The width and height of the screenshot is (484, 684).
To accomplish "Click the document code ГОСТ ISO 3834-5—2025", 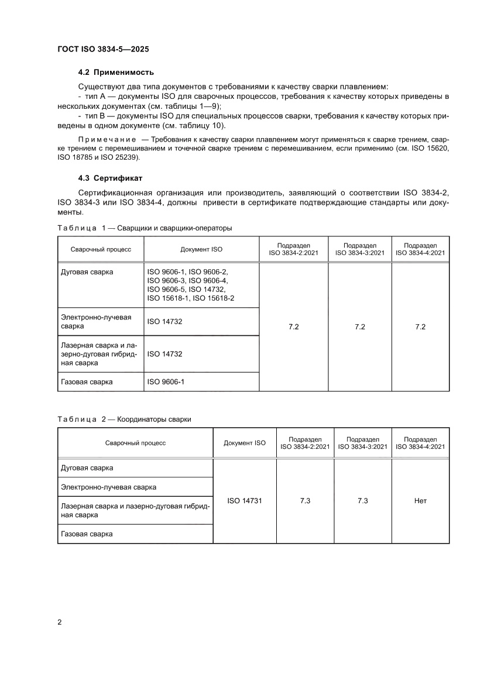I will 107,49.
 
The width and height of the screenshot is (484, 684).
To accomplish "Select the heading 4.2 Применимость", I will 116,73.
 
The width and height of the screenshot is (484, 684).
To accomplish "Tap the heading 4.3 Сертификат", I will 110,178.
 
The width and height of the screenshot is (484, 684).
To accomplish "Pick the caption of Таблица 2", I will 124,419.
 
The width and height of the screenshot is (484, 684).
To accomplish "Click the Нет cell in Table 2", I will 420,501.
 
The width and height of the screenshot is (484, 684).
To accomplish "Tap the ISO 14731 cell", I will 244,501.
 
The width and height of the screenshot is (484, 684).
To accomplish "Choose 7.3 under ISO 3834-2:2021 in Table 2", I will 305,501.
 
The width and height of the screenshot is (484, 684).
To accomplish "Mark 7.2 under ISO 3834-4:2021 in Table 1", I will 420,326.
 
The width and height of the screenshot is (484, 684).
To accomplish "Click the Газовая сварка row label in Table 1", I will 87,382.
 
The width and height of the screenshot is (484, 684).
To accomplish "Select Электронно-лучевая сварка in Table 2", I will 109,486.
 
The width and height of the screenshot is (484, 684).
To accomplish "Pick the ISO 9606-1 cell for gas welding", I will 165,382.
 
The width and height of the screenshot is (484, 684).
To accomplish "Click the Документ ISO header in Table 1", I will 201,249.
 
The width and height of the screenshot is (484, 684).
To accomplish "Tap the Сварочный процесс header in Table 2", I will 135,443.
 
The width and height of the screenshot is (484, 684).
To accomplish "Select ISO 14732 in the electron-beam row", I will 165,321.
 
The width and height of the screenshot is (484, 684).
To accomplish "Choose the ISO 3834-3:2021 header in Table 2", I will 363,443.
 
